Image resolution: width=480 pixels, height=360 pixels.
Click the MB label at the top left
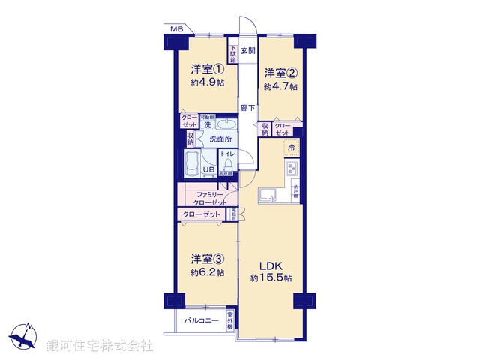(175, 29)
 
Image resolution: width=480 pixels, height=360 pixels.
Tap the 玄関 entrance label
(249, 51)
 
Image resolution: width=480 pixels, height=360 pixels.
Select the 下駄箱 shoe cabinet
(234, 50)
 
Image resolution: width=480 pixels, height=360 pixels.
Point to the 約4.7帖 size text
(280, 86)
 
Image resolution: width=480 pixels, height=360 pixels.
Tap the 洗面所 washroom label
(220, 139)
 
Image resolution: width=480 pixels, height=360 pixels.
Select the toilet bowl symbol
(227, 163)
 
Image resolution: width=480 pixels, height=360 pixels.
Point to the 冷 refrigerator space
(292, 147)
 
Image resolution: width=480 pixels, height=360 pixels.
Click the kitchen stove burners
(292, 169)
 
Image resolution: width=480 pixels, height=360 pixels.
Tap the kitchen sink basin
(268, 197)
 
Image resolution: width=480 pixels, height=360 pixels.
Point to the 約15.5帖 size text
(271, 278)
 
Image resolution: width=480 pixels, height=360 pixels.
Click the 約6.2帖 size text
(207, 272)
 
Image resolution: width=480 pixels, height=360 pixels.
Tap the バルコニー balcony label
(200, 321)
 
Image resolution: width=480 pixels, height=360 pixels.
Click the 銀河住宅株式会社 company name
(100, 346)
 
